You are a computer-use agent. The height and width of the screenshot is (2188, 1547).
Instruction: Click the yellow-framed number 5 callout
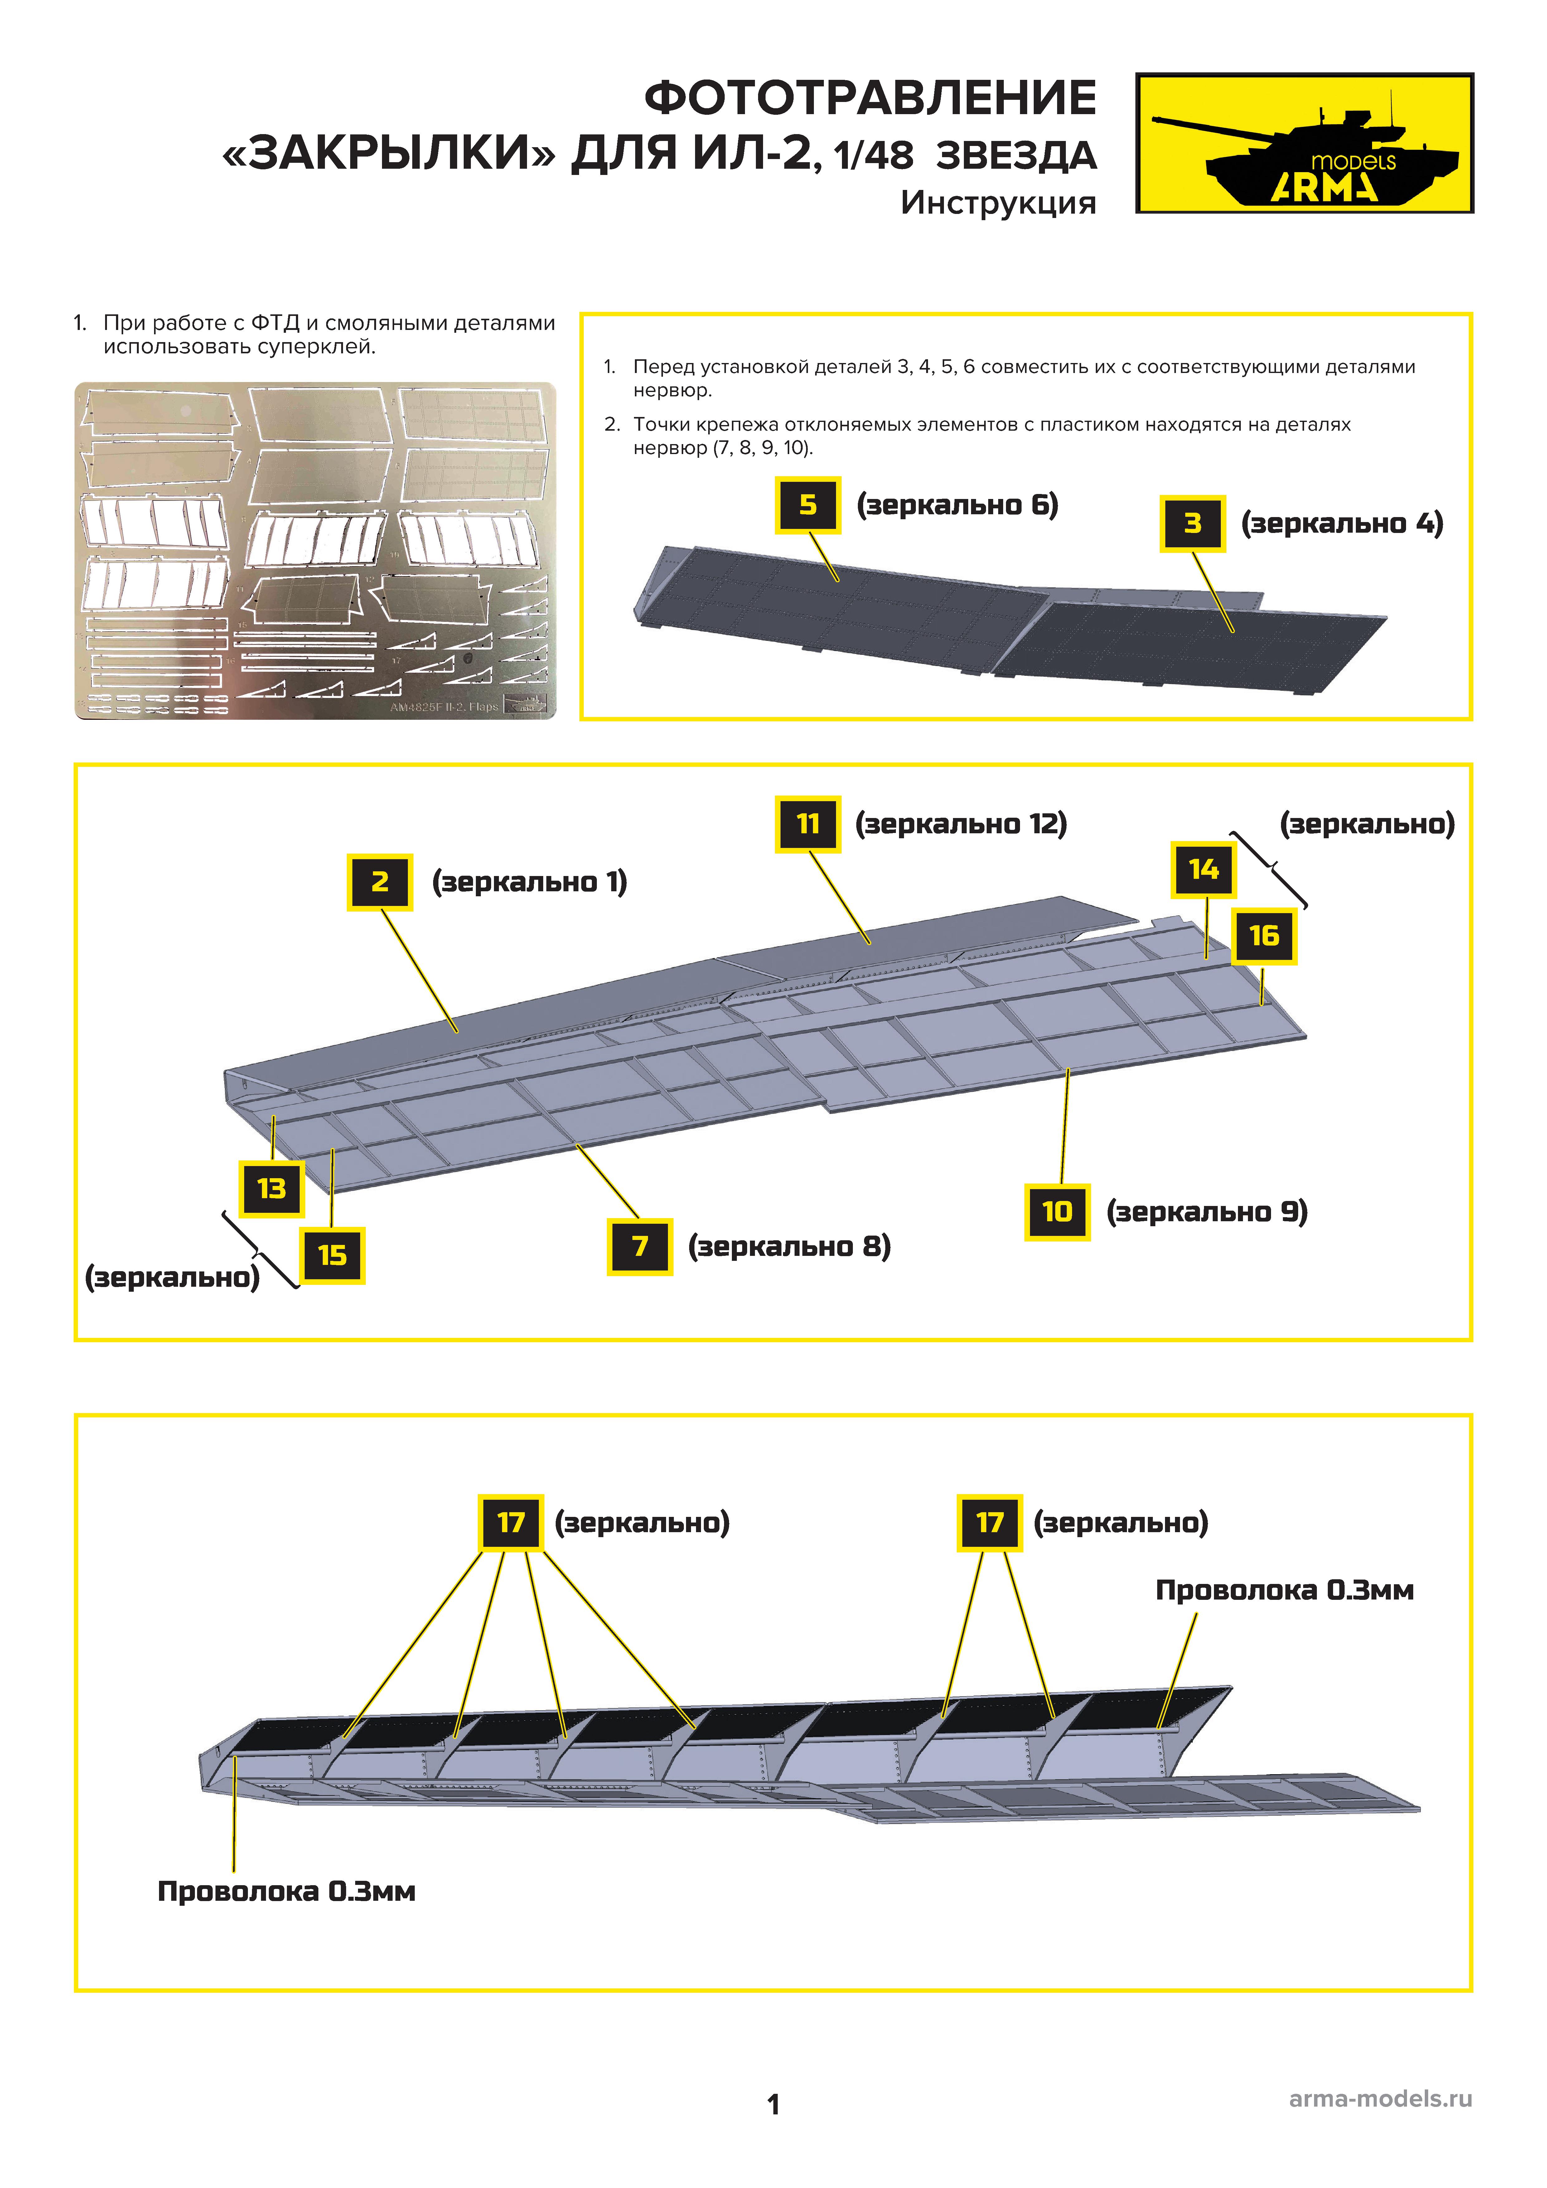point(807,505)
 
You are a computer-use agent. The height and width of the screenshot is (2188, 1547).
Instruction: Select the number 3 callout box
point(1192,523)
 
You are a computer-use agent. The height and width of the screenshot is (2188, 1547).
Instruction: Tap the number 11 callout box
point(807,823)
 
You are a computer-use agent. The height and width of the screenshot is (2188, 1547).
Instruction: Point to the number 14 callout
point(1203,869)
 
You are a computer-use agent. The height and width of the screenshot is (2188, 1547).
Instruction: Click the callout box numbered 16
point(1264,936)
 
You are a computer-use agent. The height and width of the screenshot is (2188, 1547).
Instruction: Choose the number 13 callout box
point(272,1188)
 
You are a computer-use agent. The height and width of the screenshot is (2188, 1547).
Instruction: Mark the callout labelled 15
point(332,1255)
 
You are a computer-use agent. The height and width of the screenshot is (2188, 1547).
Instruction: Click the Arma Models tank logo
point(1304,143)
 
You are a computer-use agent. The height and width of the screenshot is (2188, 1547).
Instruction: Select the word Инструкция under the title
point(998,203)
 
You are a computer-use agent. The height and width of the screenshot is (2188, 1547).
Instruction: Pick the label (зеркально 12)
point(961,823)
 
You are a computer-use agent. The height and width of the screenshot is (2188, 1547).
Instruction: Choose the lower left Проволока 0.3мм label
point(286,1892)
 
